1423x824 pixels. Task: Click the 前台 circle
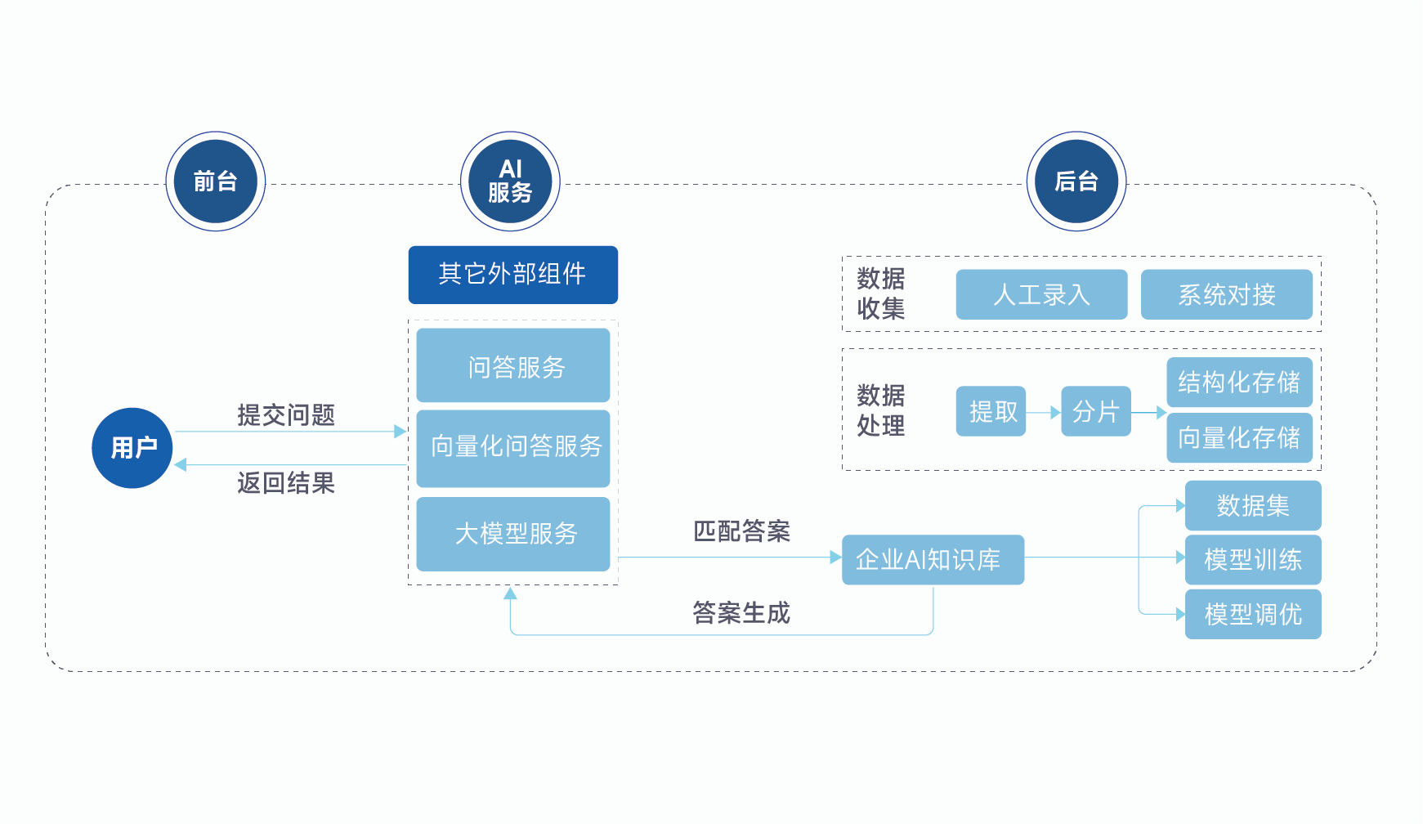[215, 181]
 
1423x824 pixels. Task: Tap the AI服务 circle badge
[510, 181]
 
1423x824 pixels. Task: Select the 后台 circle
[1076, 181]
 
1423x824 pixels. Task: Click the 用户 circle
[132, 448]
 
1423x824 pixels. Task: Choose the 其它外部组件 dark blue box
[512, 275]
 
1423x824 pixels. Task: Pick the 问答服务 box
[512, 365]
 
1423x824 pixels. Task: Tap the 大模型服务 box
[512, 534]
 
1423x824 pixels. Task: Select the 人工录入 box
[1041, 294]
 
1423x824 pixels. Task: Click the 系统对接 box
[1226, 294]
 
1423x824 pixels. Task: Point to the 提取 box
[991, 411]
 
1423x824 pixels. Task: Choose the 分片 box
[1095, 411]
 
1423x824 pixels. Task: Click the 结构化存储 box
[1239, 382]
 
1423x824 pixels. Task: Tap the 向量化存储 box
[1239, 438]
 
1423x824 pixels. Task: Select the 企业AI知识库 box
[933, 560]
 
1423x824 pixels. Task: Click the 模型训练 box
[1253, 560]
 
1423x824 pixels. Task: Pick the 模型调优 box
[1253, 614]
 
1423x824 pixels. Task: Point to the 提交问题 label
[286, 415]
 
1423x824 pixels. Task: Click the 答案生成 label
[741, 613]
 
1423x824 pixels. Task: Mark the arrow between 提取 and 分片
[1044, 413]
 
